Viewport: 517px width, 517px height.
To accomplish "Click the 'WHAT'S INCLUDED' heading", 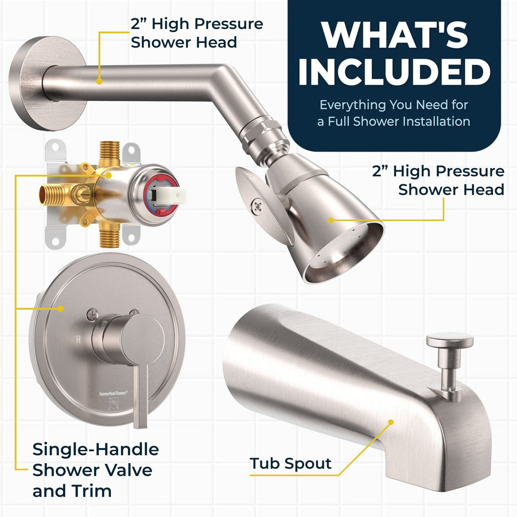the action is (394, 54).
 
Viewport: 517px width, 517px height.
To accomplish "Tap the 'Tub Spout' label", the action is (290, 463).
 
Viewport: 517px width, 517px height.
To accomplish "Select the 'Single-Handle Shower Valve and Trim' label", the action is (95, 470).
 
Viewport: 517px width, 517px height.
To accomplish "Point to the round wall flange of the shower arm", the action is (46, 83).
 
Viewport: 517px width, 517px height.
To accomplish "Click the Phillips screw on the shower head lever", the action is (258, 207).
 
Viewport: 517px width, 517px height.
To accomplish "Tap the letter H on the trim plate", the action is (78, 339).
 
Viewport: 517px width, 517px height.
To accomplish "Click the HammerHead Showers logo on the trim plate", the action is (113, 393).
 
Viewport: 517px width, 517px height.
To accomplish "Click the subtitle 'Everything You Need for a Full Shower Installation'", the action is (394, 113).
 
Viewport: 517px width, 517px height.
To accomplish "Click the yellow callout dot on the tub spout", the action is (391, 422).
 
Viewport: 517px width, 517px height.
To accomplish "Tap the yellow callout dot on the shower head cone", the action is (331, 220).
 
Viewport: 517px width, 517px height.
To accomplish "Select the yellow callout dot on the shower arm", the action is (99, 81).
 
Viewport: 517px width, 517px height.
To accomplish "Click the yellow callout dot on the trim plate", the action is (61, 309).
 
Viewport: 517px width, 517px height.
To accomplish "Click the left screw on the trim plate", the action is (92, 314).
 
